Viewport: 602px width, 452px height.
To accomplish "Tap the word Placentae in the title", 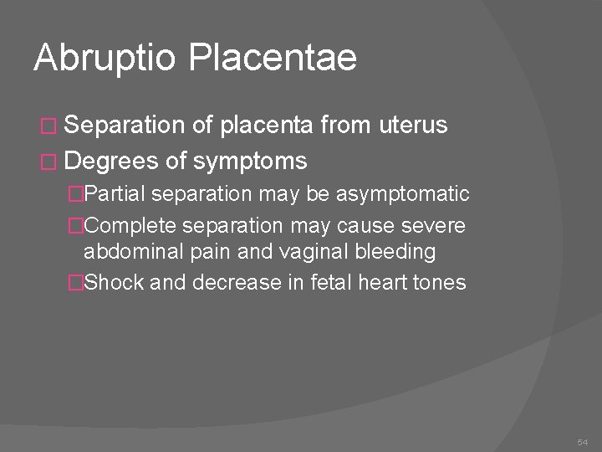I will click(x=273, y=59).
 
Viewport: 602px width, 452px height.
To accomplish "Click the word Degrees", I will click(x=117, y=160).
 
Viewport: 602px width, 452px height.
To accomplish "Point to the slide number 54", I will click(x=583, y=441).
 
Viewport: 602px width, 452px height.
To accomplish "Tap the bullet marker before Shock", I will click(x=76, y=283).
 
